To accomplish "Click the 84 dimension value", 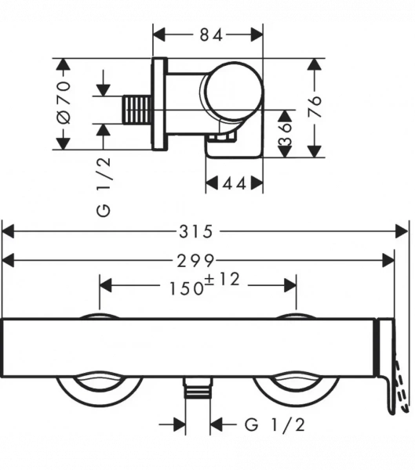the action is click(211, 35).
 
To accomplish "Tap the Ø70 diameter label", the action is click(64, 102).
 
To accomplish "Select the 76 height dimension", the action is click(315, 107).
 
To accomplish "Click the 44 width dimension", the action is click(235, 183).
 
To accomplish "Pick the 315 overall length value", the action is click(196, 232).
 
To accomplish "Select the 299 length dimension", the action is click(196, 261).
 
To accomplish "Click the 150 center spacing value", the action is click(187, 288).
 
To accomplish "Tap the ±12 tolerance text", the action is click(222, 279).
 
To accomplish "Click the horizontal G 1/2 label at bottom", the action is click(275, 425).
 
